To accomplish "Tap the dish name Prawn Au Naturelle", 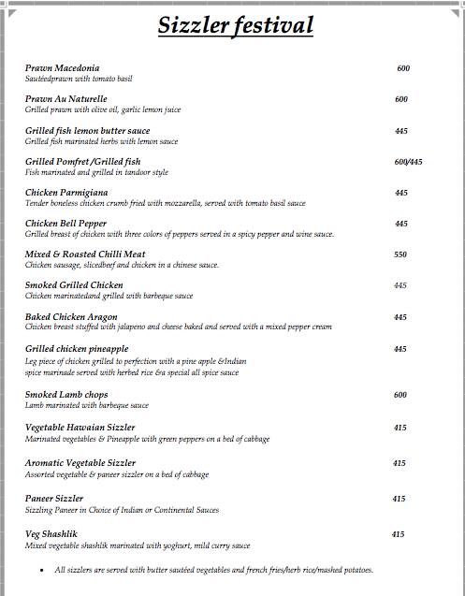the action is tap(66, 99).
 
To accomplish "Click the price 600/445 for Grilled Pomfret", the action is tap(409, 162).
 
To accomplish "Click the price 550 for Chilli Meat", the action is tap(400, 254).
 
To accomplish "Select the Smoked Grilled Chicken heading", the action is tap(74, 285).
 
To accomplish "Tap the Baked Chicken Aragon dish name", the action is tap(72, 317).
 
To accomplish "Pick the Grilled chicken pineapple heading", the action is tap(78, 349).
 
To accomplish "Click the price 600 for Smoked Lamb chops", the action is tap(400, 395).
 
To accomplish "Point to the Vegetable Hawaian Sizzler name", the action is tap(80, 428).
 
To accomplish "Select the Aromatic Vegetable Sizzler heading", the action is tap(80, 463).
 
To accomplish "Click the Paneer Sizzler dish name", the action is tap(54, 499).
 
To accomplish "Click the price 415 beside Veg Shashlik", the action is tap(398, 534).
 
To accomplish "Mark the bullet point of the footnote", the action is tap(42, 570).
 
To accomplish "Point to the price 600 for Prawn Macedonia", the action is tap(403, 68).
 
